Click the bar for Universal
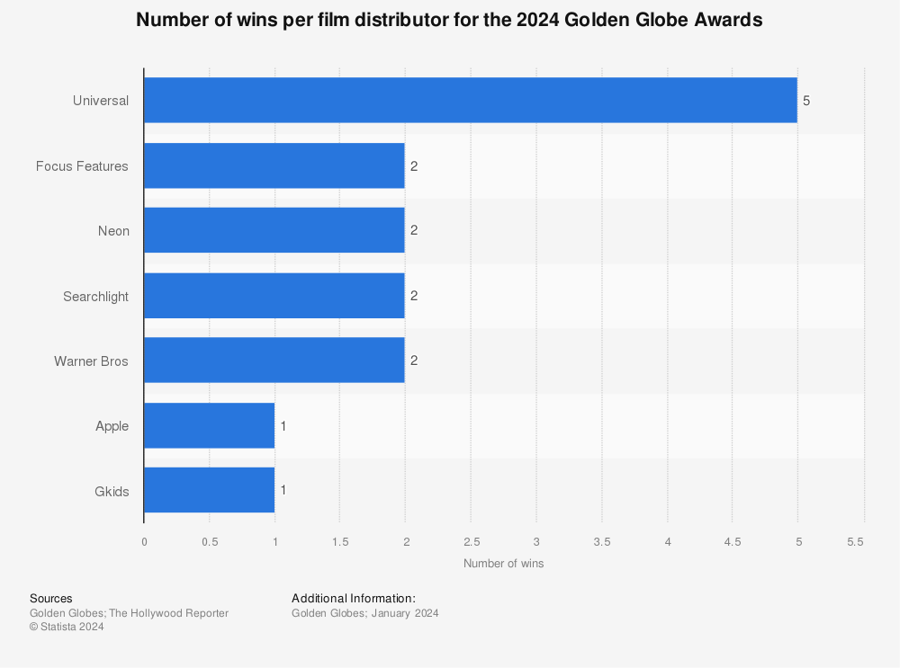(x=470, y=100)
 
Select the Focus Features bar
(x=274, y=165)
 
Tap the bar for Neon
(x=274, y=230)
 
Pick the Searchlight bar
(x=274, y=296)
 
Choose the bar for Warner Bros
(x=274, y=361)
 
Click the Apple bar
(x=209, y=425)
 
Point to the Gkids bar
(x=209, y=490)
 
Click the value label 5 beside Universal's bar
(x=806, y=101)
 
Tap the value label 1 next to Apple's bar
(x=283, y=426)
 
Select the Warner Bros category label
(x=91, y=361)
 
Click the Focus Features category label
(x=82, y=166)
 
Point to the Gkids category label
(x=112, y=491)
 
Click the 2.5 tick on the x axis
(x=471, y=541)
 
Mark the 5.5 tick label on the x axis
(x=856, y=541)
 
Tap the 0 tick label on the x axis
(x=144, y=541)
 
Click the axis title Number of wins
(x=503, y=564)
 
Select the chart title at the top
(x=449, y=21)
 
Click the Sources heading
(x=51, y=598)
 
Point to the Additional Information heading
(x=354, y=598)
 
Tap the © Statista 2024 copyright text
(x=67, y=628)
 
